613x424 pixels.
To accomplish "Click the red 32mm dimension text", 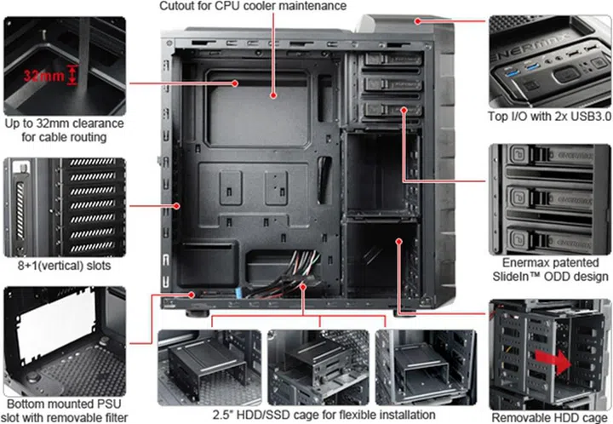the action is pos(43,75).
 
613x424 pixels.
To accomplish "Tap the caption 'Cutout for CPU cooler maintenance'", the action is pos(253,6).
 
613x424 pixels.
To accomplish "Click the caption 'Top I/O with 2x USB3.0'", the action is pos(549,116).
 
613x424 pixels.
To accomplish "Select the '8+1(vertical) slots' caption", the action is pos(64,266).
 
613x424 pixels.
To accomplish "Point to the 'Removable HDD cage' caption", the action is pos(549,417).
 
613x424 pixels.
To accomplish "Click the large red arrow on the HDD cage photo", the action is pos(553,361).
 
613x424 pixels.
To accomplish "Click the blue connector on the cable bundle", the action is pos(238,292).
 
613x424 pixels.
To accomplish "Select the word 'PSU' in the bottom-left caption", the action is pos(109,404).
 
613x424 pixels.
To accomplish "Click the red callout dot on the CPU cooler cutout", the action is pos(273,95).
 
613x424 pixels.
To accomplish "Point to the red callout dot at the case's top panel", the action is pos(418,21).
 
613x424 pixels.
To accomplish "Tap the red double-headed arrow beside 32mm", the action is pos(72,75).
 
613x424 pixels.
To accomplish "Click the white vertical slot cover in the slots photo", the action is pos(20,211).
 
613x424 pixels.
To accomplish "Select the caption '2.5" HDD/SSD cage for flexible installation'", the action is pos(324,415).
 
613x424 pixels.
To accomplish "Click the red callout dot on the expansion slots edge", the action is pos(177,205).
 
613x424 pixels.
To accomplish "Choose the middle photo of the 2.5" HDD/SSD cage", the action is pos(318,367).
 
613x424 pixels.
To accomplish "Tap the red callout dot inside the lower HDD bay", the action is pos(398,242).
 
